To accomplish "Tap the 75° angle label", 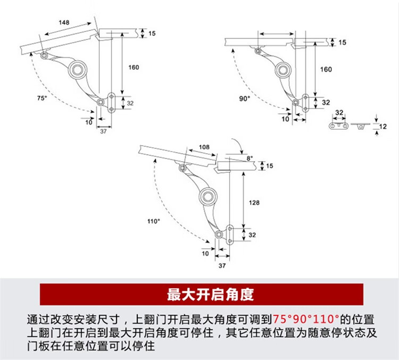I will click(x=41, y=98).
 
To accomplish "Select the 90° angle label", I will click(x=245, y=98).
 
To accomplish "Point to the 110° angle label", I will click(x=154, y=221).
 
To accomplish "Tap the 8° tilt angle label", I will click(x=250, y=158).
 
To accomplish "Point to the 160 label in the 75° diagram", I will click(x=133, y=67).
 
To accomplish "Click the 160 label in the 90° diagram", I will click(x=326, y=70).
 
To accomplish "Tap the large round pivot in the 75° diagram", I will click(x=80, y=69).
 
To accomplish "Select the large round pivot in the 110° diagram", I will click(x=207, y=197).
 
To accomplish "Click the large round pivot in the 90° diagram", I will click(x=284, y=69).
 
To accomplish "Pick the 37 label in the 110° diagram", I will click(x=223, y=264).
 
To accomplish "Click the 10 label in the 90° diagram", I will click(x=285, y=119).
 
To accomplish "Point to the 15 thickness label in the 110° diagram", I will click(x=269, y=166).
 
